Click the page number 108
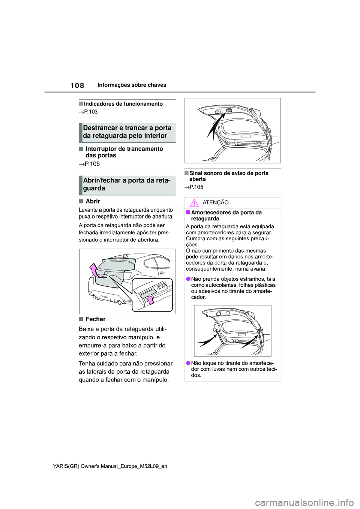77,85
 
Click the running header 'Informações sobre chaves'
132,85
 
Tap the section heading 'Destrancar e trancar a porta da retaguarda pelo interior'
127,132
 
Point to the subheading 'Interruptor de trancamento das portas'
124,152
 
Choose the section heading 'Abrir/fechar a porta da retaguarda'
127,184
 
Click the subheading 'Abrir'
93,201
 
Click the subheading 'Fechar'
95,319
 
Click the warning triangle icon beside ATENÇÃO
194,203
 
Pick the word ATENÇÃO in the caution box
215,203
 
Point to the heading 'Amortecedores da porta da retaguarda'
226,216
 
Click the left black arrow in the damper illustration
207,340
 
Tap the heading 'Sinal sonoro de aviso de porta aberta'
229,176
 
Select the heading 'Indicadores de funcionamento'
123,104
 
